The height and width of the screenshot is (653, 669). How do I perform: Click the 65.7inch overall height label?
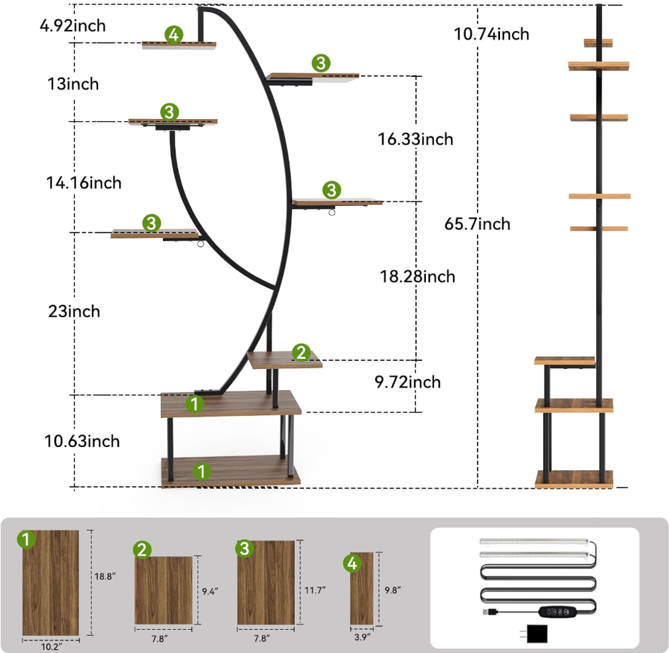(477, 223)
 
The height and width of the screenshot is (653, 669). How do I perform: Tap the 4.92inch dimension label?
(73, 26)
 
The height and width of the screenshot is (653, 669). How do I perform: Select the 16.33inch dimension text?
(415, 139)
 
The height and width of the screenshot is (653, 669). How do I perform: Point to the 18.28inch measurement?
(417, 276)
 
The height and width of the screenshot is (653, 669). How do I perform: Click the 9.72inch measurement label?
(407, 381)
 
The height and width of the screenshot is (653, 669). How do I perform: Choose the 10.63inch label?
(82, 441)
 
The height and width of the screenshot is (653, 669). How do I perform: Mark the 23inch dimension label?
(74, 311)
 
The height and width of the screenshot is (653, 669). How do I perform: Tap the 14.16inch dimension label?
(83, 183)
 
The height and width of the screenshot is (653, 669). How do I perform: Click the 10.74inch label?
(491, 34)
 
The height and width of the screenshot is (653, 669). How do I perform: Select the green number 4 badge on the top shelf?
(174, 34)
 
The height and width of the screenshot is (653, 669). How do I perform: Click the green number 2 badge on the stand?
(301, 352)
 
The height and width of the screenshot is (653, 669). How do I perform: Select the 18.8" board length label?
(105, 576)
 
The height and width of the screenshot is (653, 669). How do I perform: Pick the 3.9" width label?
(362, 637)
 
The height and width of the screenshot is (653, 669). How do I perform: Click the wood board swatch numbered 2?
(164, 590)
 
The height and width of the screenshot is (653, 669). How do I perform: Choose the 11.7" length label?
(315, 590)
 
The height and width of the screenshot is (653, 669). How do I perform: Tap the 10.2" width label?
(51, 646)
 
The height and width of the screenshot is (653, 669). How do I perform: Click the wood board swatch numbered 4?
(362, 588)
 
